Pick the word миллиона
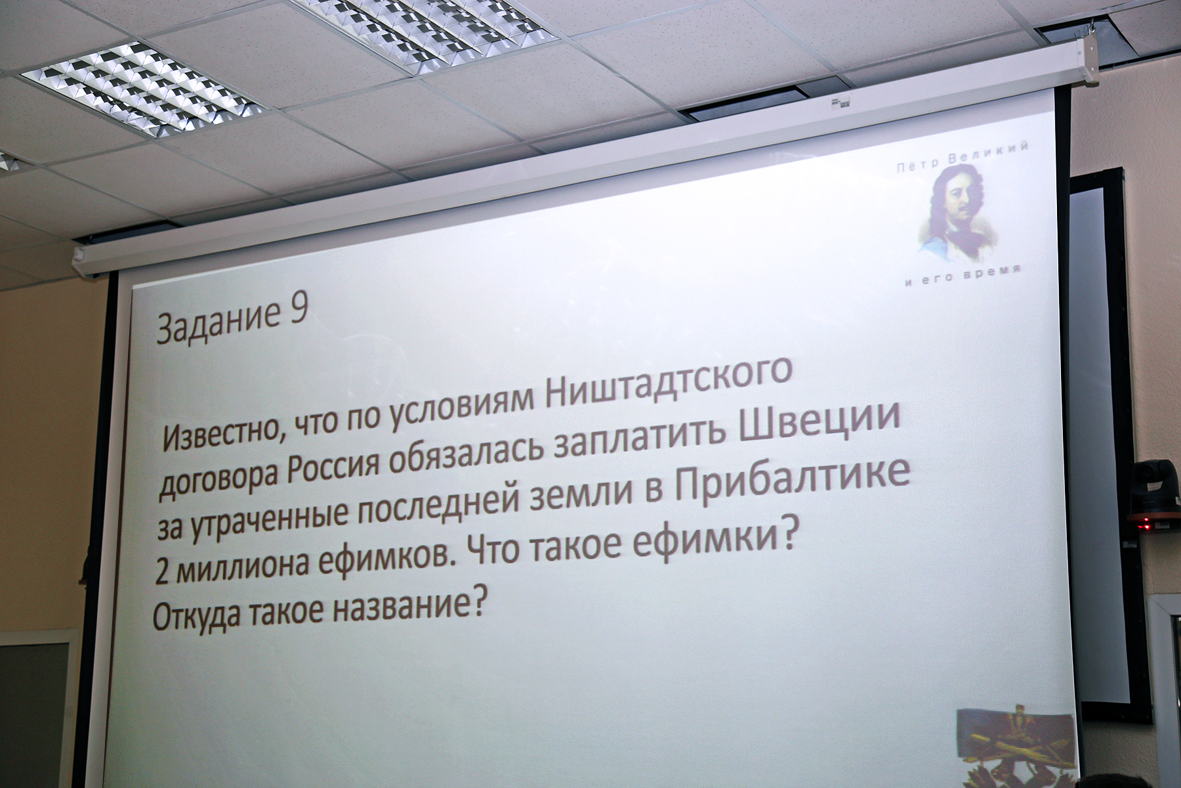coord(242,565)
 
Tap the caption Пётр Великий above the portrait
coord(961,158)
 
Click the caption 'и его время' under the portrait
coord(962,276)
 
